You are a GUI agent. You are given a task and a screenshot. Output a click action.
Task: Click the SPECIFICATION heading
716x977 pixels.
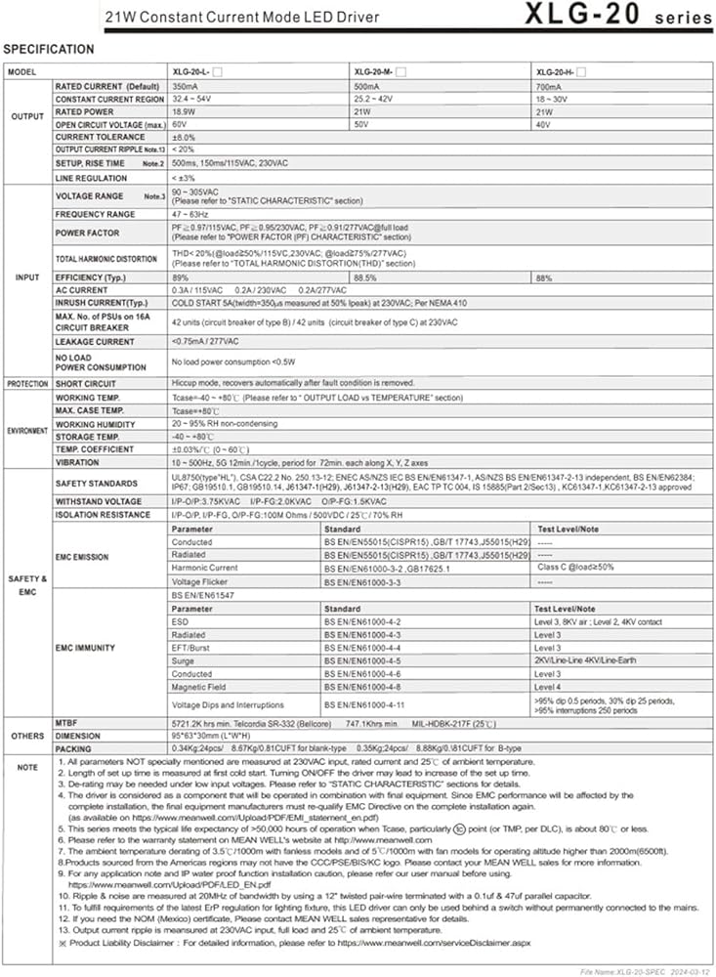click(x=49, y=49)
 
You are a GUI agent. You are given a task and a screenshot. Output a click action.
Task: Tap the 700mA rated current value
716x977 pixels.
click(x=548, y=86)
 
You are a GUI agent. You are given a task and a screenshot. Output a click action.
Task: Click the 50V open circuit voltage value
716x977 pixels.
click(x=361, y=125)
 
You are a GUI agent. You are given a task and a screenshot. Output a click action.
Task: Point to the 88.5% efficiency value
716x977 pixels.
click(x=365, y=278)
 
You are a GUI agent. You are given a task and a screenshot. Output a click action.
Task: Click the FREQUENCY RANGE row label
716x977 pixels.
click(x=96, y=214)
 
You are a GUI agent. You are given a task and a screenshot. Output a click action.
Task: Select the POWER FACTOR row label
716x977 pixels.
click(x=87, y=234)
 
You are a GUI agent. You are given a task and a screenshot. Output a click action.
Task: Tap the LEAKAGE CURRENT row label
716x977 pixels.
click(x=95, y=342)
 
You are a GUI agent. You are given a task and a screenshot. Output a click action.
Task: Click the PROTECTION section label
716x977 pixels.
click(x=27, y=383)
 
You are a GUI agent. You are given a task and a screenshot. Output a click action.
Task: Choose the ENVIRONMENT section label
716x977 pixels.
click(x=27, y=430)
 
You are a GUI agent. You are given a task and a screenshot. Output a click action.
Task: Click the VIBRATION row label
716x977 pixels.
click(x=77, y=462)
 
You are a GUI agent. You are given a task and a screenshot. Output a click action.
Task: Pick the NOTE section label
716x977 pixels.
click(x=27, y=767)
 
